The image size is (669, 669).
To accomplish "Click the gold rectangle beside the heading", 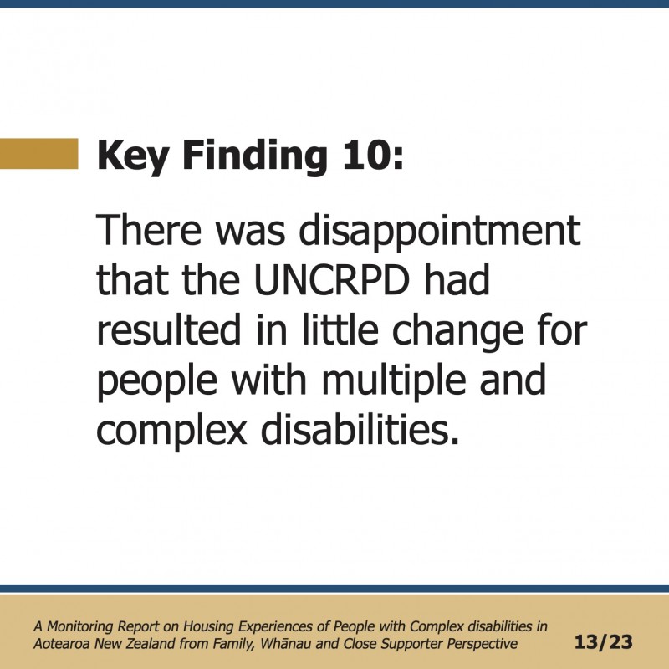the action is (38, 154).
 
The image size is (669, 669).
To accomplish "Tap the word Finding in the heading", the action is (255, 157).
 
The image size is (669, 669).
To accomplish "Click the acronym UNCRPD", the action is (332, 280).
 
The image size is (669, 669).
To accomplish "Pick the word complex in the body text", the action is (172, 432).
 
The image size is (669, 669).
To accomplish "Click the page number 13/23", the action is (603, 642).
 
